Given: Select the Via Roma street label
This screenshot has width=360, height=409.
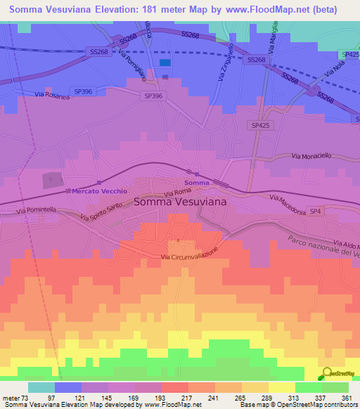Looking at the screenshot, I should tap(178, 191).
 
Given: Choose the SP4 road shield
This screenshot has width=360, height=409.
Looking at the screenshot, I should tap(316, 211).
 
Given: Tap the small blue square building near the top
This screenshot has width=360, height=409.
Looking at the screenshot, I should tap(165, 63).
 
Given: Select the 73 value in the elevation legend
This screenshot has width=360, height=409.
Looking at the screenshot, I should tap(26, 398).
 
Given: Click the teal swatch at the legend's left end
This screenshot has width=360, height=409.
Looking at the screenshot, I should tap(41, 387).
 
